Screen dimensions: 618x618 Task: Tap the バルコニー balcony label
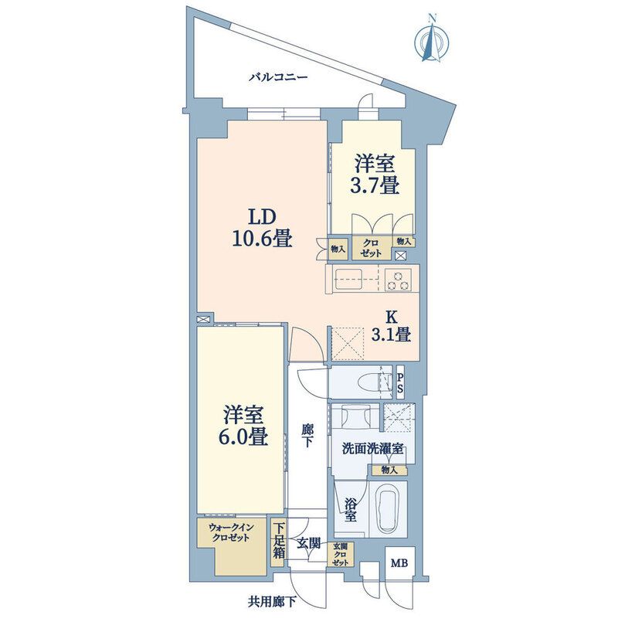tap(278, 76)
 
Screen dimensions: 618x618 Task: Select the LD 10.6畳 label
tap(262, 228)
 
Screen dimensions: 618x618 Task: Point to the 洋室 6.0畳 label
tap(245, 426)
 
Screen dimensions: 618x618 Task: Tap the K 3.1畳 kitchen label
tap(392, 326)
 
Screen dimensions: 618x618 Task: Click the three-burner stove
tap(398, 280)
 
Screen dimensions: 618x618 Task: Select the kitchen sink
tap(348, 279)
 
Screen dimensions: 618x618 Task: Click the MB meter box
tap(399, 563)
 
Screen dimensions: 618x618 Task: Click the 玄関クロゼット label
tap(340, 555)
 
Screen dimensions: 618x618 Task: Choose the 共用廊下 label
tap(272, 602)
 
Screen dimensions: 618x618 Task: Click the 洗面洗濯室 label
tap(372, 449)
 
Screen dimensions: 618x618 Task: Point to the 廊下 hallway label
tap(307, 436)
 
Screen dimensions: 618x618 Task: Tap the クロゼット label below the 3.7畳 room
tap(372, 249)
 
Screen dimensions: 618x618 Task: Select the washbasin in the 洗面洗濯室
tap(355, 417)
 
